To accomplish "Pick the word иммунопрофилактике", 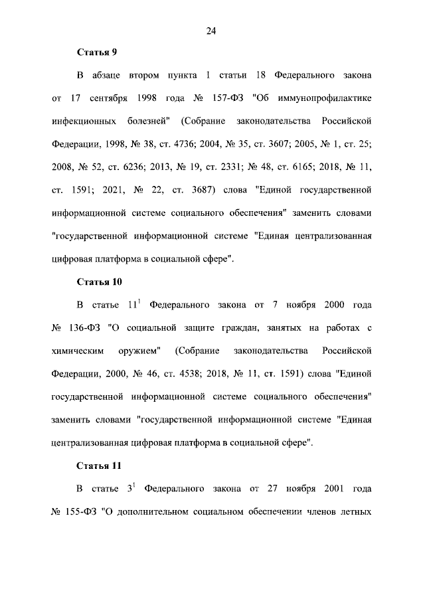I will tap(324, 99).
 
